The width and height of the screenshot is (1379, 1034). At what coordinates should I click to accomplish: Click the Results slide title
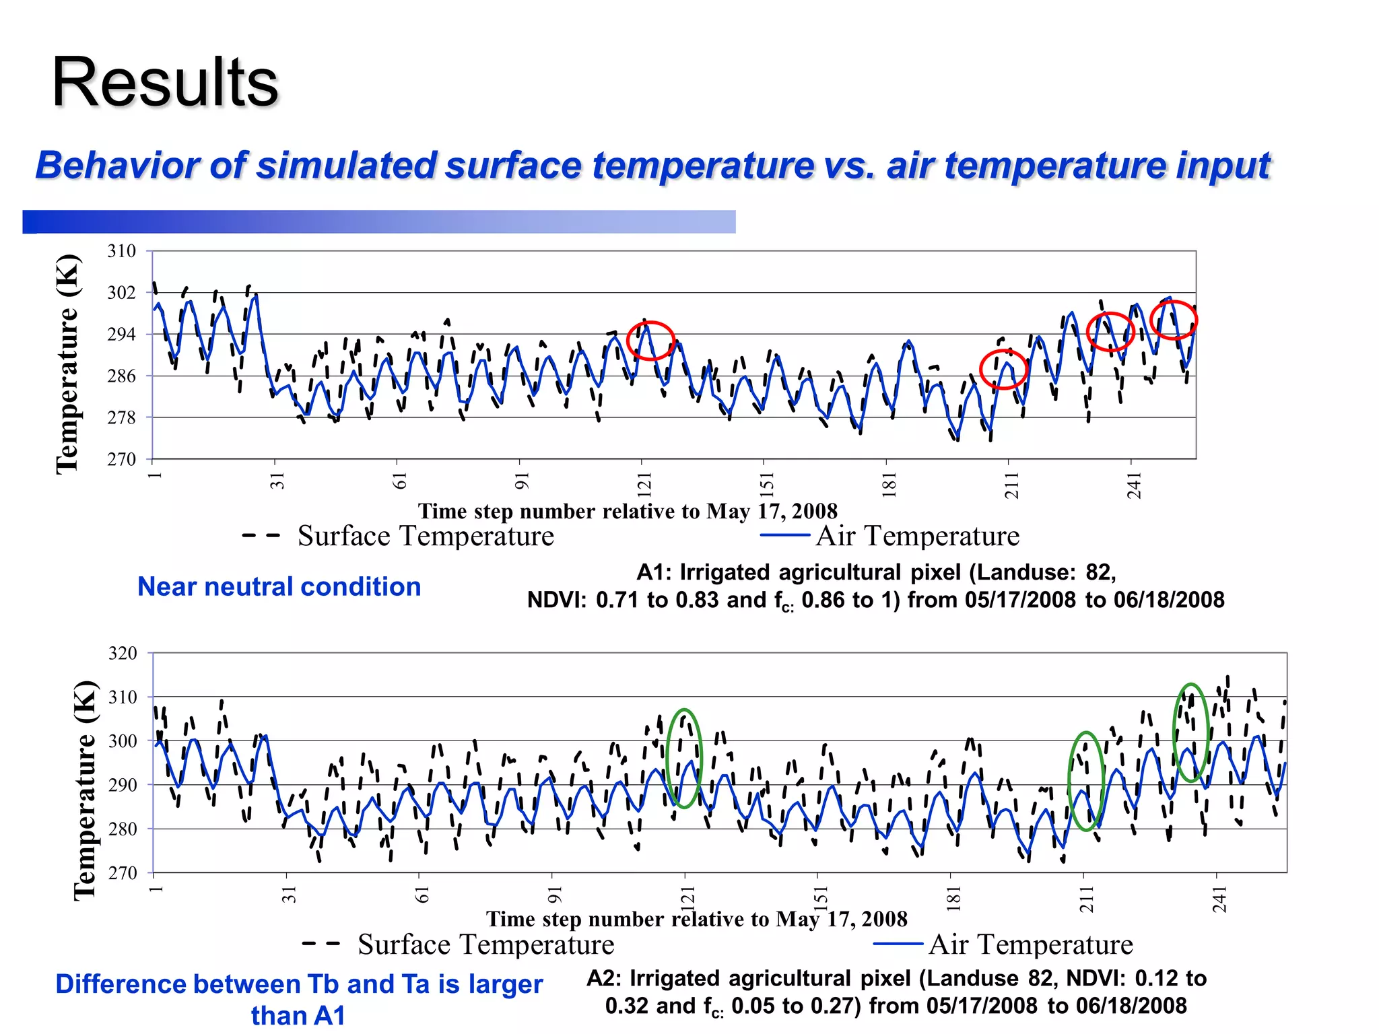164,83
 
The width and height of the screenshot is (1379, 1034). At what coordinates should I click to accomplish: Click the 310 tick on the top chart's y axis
122,251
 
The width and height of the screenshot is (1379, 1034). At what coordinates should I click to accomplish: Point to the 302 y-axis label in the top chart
122,293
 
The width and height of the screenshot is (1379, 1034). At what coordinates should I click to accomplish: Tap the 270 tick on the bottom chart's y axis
123,873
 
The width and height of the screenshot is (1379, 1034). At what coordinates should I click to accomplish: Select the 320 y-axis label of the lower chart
123,653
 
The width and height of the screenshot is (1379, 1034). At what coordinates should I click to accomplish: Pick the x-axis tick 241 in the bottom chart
1219,899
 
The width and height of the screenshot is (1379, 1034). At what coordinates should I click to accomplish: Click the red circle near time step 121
650,340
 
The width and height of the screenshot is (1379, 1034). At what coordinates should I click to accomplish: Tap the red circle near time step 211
1003,369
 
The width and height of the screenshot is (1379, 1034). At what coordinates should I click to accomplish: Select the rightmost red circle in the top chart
1174,320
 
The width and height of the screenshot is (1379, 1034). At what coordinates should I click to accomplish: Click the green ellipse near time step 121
684,758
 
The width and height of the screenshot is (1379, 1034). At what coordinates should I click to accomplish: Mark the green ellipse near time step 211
1085,781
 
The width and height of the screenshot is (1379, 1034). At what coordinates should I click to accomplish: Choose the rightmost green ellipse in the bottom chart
1191,732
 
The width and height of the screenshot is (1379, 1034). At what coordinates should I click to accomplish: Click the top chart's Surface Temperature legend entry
426,537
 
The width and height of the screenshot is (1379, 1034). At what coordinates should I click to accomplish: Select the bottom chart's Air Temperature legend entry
1030,944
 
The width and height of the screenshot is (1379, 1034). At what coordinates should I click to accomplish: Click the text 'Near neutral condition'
279,587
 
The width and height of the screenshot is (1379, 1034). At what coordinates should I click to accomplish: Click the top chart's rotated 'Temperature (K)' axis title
67,364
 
